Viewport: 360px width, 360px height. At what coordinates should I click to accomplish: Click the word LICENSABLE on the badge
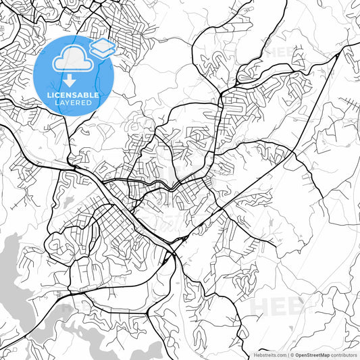[72, 95]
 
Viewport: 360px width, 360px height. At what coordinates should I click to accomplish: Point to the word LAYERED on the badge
[72, 102]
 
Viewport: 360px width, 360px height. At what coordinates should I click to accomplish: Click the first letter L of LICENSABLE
[49, 95]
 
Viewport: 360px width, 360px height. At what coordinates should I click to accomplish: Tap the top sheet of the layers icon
[101, 44]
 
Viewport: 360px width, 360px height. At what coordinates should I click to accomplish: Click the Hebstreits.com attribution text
[269, 354]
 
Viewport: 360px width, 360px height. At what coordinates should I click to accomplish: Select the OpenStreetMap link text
[315, 354]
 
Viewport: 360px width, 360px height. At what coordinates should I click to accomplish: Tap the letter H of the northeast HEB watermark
[269, 52]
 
